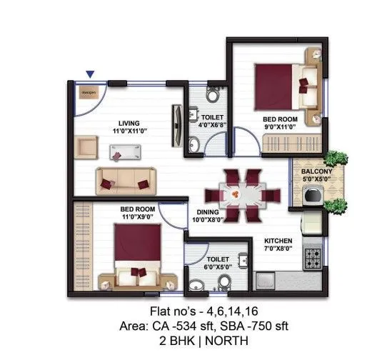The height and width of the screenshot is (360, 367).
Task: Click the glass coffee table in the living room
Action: tap(124, 151)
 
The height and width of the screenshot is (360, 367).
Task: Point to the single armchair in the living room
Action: tap(87, 148)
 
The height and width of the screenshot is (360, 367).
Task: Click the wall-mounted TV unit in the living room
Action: tap(175, 126)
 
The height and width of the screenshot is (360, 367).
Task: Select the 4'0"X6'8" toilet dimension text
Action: tap(212, 126)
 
